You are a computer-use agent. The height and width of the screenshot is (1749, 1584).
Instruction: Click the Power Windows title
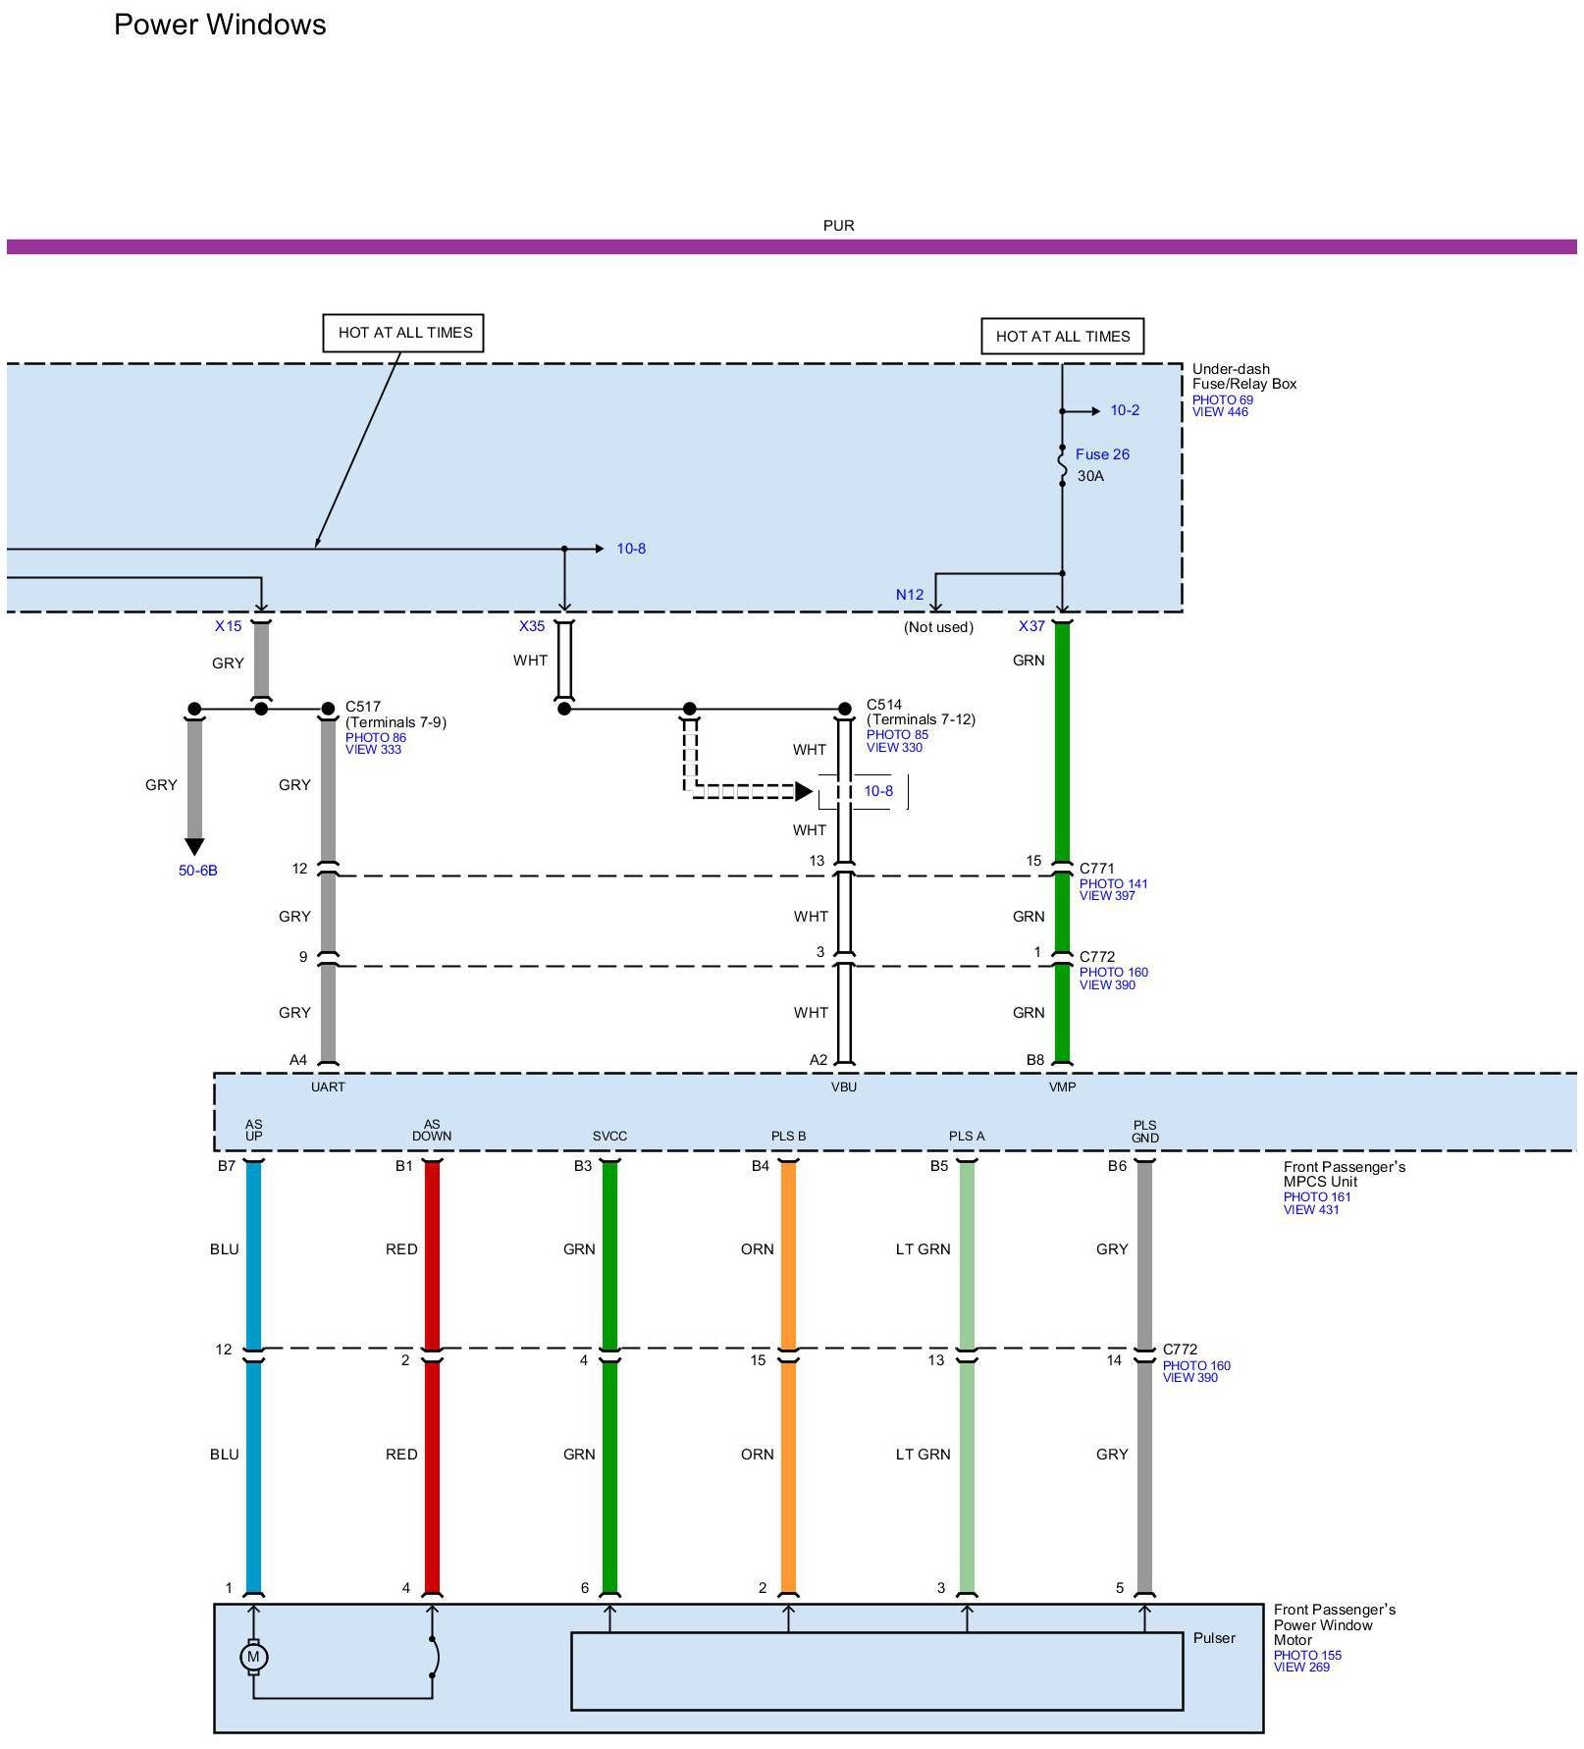point(220,25)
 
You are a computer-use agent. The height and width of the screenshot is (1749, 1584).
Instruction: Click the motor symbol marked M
point(253,1657)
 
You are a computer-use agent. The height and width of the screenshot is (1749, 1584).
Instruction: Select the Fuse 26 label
point(1102,454)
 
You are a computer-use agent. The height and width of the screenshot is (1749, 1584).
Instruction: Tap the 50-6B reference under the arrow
point(197,871)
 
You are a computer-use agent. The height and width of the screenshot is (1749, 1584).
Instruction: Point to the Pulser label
point(1214,1638)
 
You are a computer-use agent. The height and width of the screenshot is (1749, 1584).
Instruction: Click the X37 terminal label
point(1031,626)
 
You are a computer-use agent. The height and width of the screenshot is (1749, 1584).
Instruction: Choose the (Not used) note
point(938,627)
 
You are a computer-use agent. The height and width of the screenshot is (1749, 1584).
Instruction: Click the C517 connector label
point(363,707)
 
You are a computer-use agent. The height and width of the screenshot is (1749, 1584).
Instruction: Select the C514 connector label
point(884,705)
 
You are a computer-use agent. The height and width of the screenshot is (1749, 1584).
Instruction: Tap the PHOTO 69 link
point(1223,399)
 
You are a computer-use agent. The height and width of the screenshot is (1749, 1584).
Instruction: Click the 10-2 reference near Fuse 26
point(1125,410)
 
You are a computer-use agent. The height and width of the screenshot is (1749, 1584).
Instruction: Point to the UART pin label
point(328,1086)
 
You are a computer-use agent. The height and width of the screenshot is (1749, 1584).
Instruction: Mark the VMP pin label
point(1062,1086)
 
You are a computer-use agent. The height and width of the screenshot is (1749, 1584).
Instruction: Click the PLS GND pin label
point(1145,1132)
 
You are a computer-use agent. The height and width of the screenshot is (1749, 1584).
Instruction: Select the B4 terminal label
point(761,1166)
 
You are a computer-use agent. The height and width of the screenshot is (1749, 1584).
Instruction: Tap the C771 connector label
point(1097,869)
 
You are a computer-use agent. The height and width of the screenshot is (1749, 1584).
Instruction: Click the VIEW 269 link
point(1301,1667)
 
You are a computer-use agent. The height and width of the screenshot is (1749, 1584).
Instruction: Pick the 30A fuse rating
point(1090,476)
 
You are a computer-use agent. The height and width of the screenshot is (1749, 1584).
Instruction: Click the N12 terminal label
point(910,595)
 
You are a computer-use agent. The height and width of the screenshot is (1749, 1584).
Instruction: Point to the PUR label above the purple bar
point(838,226)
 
